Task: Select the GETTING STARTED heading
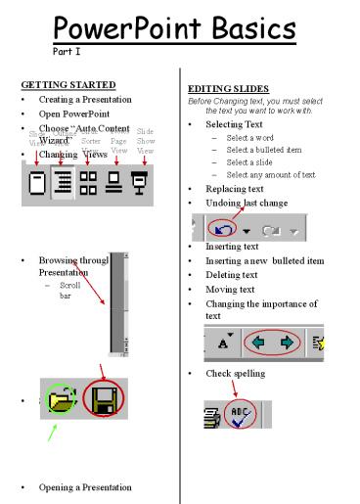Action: pyautogui.click(x=66, y=85)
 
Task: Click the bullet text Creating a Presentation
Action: pyautogui.click(x=93, y=100)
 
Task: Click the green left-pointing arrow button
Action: pyautogui.click(x=255, y=344)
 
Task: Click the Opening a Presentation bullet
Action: pyautogui.click(x=91, y=487)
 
